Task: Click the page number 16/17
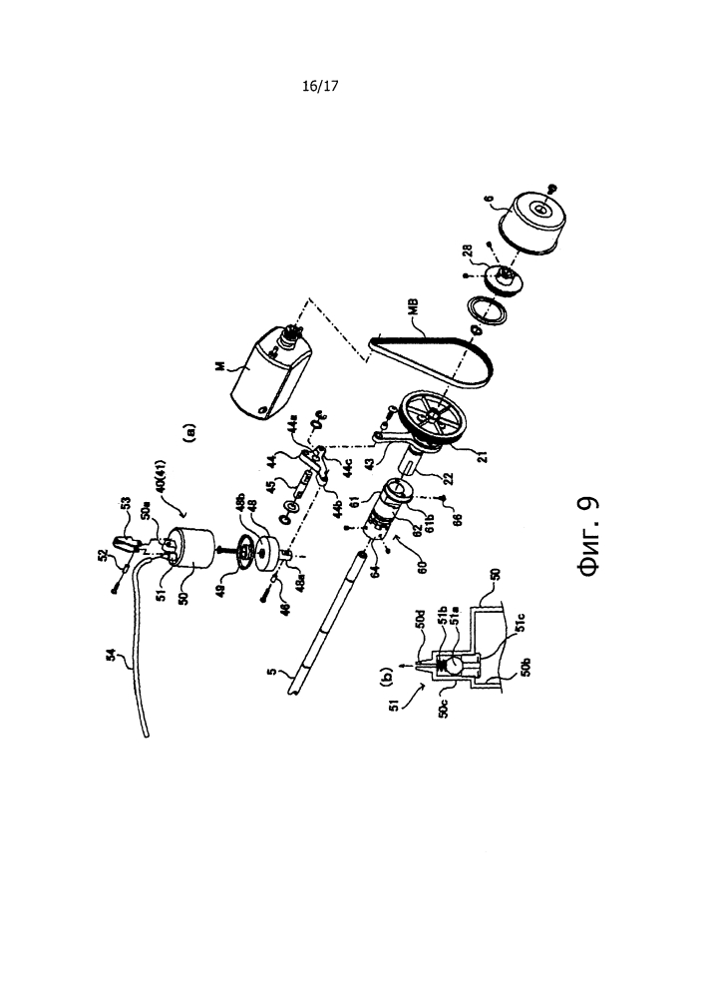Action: [321, 87]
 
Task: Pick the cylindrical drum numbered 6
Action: [535, 223]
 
